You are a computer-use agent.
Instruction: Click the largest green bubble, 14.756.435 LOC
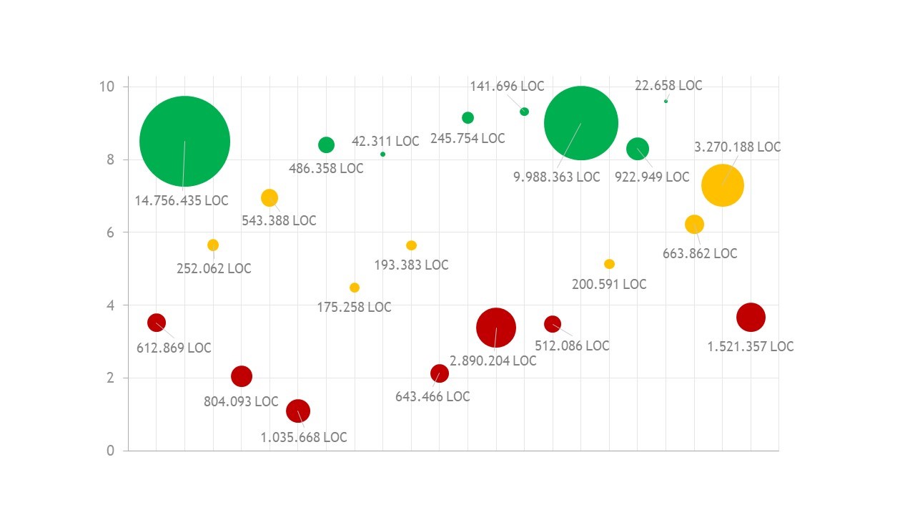(x=184, y=141)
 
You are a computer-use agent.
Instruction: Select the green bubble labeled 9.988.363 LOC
(x=580, y=123)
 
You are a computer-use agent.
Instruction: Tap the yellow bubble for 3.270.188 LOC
(x=722, y=185)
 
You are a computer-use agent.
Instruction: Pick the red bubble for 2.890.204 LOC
(x=495, y=328)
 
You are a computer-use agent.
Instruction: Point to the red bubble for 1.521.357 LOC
(x=751, y=317)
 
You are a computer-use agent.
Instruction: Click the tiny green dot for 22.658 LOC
(x=666, y=102)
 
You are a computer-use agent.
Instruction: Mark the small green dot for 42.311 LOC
(x=383, y=154)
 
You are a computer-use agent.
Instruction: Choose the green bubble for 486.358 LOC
(x=326, y=144)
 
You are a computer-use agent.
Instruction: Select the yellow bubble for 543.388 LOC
(x=269, y=197)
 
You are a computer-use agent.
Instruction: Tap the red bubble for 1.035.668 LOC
(x=297, y=411)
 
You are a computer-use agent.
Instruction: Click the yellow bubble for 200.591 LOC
(x=609, y=264)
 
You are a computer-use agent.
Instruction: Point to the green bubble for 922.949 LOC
(x=637, y=148)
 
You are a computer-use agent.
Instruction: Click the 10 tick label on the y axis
(x=107, y=87)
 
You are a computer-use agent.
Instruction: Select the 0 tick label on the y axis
(x=111, y=451)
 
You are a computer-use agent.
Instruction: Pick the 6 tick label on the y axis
(x=111, y=232)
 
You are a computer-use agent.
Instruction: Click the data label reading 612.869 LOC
(x=174, y=348)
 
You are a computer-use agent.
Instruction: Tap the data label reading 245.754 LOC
(x=468, y=139)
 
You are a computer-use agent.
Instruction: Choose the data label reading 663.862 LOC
(x=700, y=254)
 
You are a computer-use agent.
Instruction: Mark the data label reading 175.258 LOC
(x=354, y=308)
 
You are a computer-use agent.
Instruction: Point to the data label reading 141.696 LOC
(x=507, y=87)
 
